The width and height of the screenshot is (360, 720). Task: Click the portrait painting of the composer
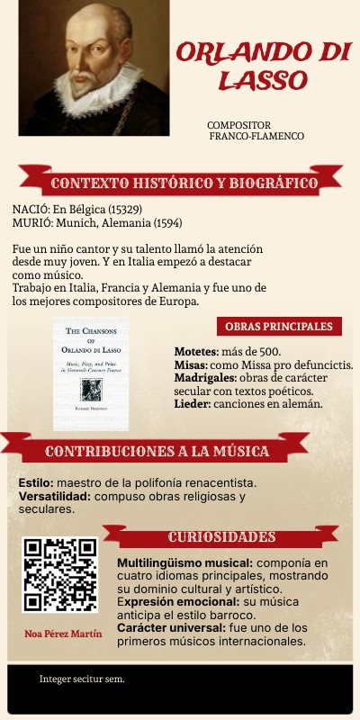point(94,68)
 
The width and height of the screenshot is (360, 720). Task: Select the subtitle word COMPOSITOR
point(239,125)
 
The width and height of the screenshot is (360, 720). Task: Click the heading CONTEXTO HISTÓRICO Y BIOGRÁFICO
point(184,184)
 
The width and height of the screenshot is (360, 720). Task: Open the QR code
point(59,575)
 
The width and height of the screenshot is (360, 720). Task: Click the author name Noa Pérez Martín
point(63,634)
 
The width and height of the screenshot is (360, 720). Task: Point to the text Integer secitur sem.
point(82,679)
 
